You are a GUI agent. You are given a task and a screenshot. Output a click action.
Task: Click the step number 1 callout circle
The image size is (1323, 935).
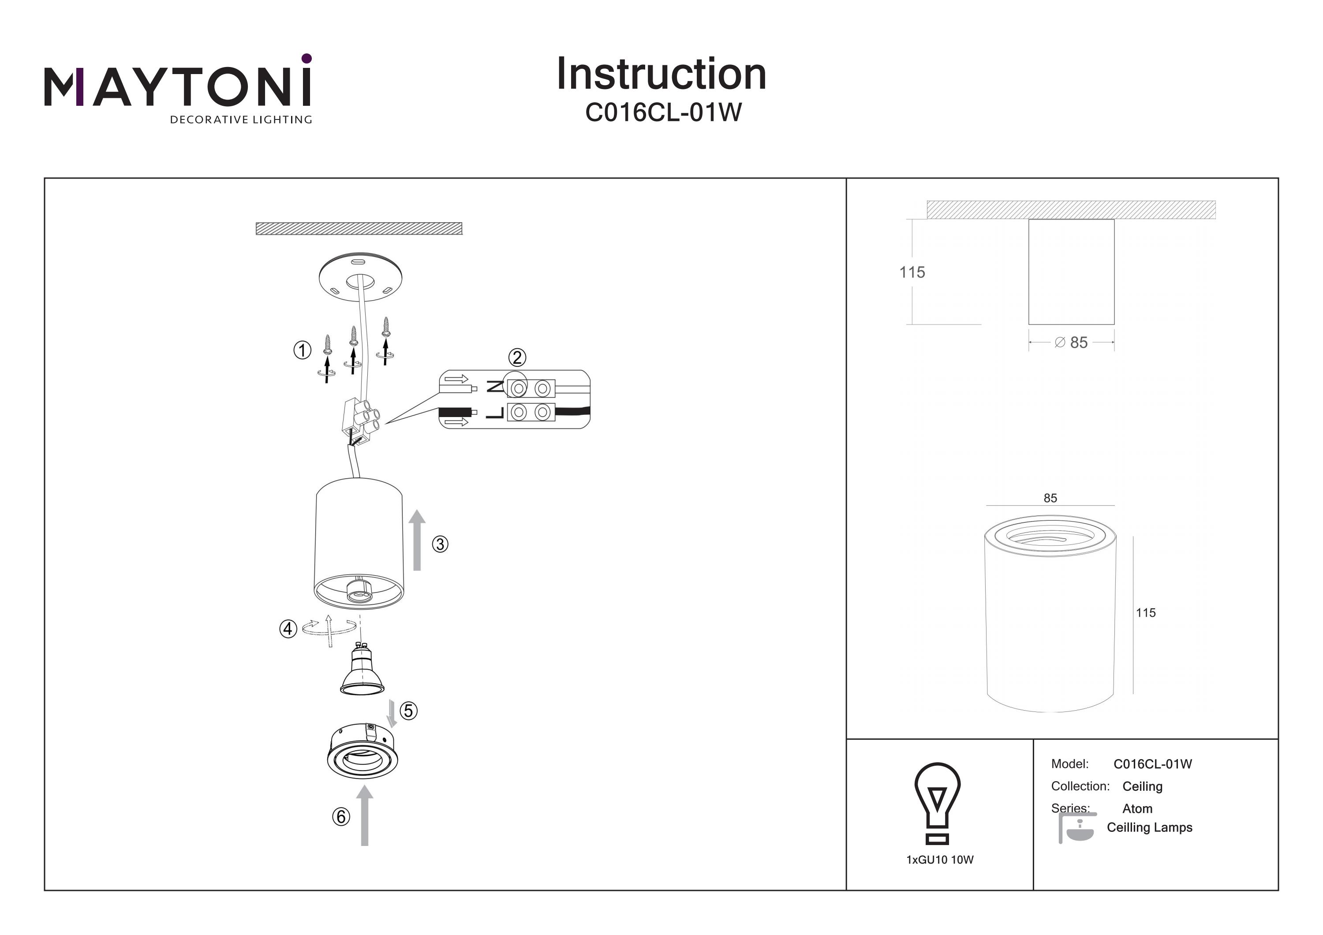[303, 350]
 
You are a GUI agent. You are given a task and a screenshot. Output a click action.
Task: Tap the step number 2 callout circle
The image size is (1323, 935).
[517, 358]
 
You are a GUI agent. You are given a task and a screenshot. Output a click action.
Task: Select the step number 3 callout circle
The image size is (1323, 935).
[440, 544]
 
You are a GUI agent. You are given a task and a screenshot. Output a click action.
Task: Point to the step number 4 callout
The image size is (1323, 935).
[288, 629]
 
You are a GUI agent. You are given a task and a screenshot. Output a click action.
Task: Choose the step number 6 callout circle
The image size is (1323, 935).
[340, 816]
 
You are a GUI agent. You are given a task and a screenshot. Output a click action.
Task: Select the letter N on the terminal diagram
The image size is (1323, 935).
[494, 387]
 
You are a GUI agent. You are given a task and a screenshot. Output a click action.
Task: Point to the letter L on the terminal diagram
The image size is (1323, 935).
[495, 413]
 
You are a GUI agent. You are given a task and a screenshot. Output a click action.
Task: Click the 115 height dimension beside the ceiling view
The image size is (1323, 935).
[912, 272]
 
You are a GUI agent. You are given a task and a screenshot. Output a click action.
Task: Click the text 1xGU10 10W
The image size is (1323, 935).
[940, 860]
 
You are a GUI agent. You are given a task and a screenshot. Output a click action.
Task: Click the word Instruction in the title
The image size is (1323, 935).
[661, 75]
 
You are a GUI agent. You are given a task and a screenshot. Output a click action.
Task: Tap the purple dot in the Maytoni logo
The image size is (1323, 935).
[306, 58]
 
